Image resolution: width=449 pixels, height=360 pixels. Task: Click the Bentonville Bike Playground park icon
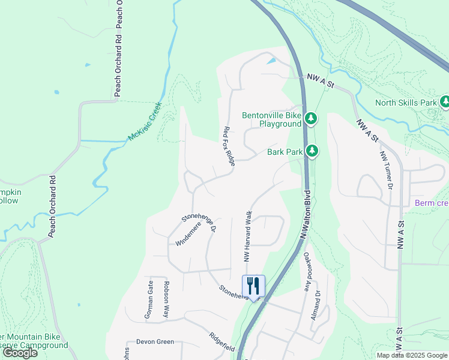310,119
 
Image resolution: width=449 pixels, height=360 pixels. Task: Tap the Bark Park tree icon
312,151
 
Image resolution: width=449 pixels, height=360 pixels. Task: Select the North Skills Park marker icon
445,102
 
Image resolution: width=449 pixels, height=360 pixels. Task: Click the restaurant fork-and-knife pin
253,287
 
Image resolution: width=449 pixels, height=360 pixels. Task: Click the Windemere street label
188,233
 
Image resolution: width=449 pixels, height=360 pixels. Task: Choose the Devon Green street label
155,342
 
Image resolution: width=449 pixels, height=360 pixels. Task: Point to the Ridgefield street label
221,342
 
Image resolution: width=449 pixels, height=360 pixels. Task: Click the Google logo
20,353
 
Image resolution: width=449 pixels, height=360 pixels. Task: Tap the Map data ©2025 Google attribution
412,355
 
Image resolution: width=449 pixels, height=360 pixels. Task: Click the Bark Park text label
285,152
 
